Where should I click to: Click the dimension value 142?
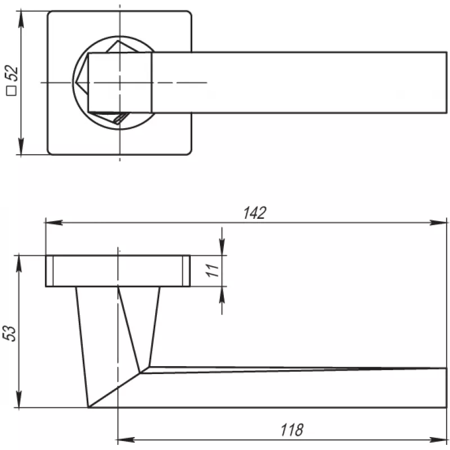coord(255,213)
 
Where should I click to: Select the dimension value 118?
coord(291,430)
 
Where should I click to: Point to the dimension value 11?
coord(213,271)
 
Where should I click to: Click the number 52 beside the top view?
coord(12,74)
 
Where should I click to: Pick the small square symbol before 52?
coord(12,91)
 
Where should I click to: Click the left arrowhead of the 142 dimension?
coord(54,222)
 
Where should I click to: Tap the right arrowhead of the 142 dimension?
coord(438,222)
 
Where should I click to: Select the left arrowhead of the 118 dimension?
coord(126,440)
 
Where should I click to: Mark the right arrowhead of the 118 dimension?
coord(438,440)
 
